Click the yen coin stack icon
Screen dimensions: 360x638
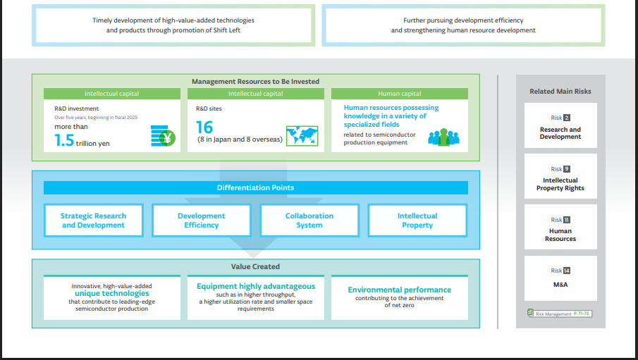[x=163, y=135]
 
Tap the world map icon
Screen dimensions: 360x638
[x=302, y=135]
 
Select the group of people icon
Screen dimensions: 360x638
[x=443, y=137]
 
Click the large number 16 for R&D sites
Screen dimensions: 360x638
[x=204, y=127]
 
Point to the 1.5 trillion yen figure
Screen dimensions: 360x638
[x=82, y=140]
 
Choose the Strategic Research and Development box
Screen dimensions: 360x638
[x=93, y=221]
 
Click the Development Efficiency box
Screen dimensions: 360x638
[x=201, y=221]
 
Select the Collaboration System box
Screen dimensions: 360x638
[x=309, y=221]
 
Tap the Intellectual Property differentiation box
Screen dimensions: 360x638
[x=417, y=221]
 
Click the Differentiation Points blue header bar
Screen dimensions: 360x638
[x=255, y=188]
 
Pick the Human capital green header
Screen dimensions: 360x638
[x=399, y=94]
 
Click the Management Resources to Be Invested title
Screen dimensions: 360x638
[x=255, y=82]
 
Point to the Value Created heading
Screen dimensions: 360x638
[x=255, y=266]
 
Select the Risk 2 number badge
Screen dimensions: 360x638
[x=567, y=118]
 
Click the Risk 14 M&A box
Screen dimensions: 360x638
[x=560, y=278]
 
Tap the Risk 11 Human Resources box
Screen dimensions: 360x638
[x=560, y=228]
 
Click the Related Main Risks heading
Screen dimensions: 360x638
[x=560, y=91]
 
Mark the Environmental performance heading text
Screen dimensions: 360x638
[x=399, y=290]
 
